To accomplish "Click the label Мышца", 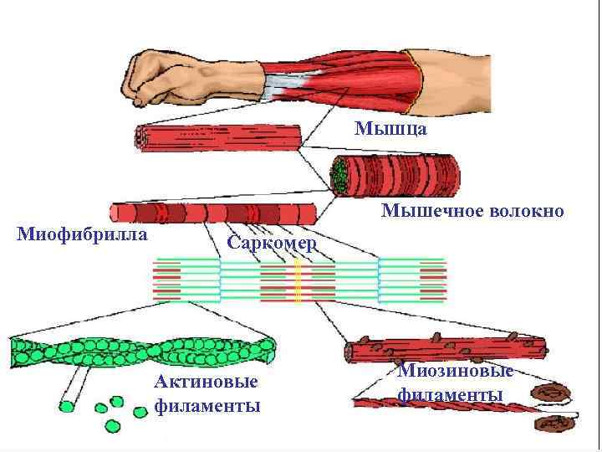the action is [391, 129].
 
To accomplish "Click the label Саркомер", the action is [272, 244].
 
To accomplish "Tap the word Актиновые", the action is [206, 383].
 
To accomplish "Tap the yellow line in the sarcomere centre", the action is [297, 281].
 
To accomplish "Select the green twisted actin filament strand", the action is [142, 352].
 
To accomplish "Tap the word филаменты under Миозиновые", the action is [451, 393].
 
